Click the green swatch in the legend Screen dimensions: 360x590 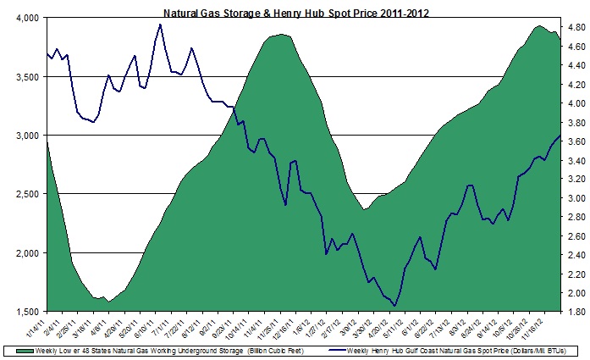click(11, 349)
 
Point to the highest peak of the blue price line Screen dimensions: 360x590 click(160, 24)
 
